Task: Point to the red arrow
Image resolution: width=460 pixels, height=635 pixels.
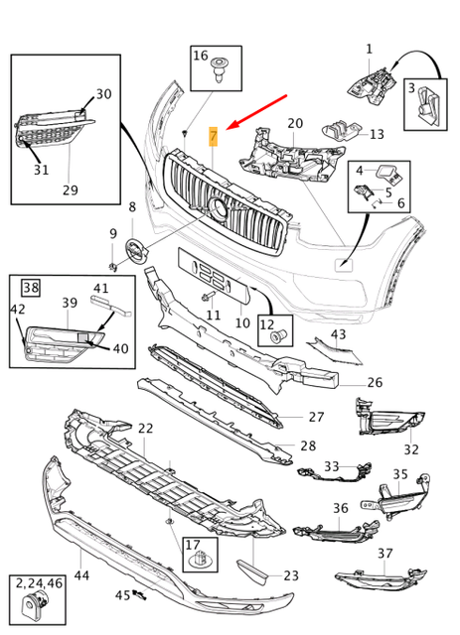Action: click(x=256, y=111)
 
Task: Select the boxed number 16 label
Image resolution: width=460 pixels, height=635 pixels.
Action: click(x=201, y=56)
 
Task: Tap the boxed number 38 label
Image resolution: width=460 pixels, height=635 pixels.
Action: click(x=31, y=288)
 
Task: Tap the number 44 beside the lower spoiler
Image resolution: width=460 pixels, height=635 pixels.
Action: click(x=81, y=574)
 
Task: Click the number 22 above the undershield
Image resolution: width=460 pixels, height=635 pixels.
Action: click(x=146, y=428)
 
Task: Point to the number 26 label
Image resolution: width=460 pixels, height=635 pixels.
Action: click(x=374, y=382)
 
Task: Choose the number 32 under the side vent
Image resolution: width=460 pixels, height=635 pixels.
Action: click(x=411, y=449)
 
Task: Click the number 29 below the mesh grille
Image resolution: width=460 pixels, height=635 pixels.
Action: click(x=70, y=190)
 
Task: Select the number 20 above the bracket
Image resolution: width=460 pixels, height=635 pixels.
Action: click(x=295, y=124)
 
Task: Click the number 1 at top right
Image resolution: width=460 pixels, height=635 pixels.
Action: click(x=369, y=49)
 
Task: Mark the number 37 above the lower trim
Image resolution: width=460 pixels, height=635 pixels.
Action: click(x=384, y=553)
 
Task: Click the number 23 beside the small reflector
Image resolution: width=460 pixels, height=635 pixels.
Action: click(x=290, y=574)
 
